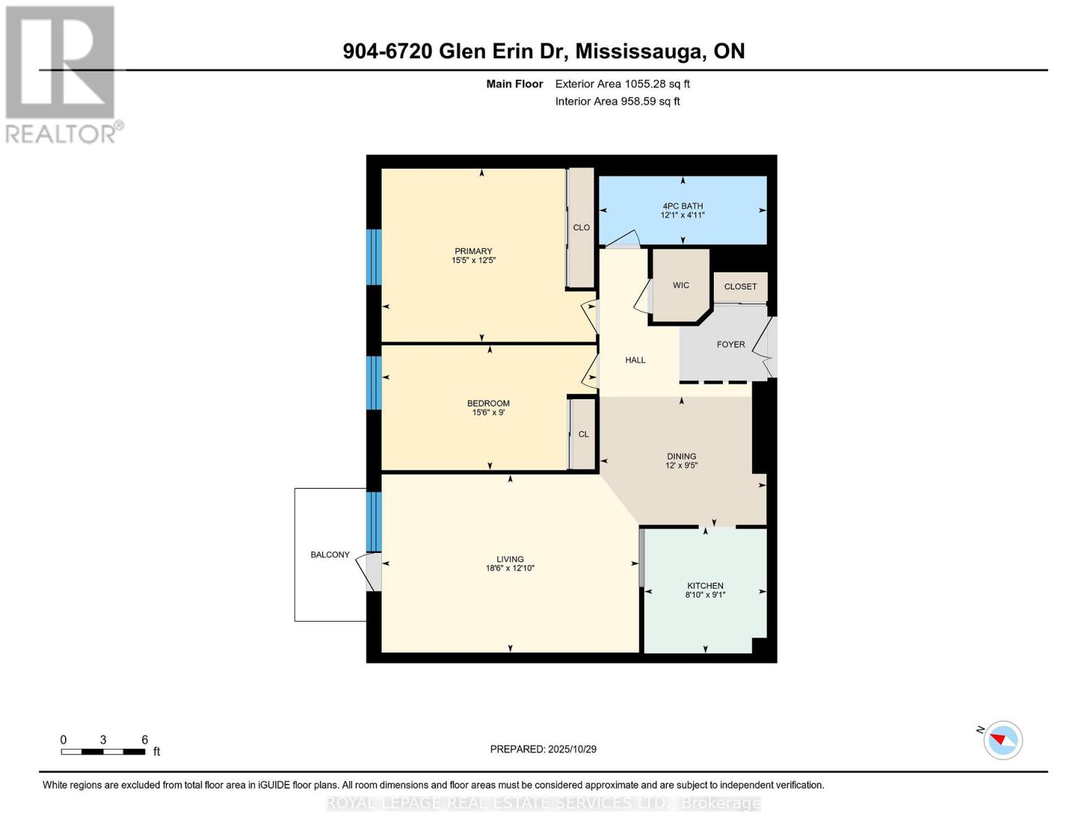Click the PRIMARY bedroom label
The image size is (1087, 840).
(x=473, y=251)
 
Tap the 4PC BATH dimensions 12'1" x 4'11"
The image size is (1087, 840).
(x=682, y=215)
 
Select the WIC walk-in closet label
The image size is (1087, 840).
(x=681, y=286)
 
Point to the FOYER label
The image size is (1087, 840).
(x=731, y=344)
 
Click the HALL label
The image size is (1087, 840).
(x=635, y=360)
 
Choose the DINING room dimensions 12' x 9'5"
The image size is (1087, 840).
(x=681, y=465)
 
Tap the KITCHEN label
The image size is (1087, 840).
(x=705, y=586)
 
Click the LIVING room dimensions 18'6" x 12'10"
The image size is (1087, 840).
(x=510, y=568)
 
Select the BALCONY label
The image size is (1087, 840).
(x=330, y=554)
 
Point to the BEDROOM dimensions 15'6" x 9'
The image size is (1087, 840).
(x=488, y=412)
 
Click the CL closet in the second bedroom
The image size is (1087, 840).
(x=583, y=434)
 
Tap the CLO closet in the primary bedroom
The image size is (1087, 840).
(x=581, y=227)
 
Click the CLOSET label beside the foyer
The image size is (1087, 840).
(x=741, y=286)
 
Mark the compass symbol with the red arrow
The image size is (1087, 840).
(x=1003, y=740)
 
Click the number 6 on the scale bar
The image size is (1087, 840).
(x=145, y=740)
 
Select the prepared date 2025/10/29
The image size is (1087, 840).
(x=572, y=749)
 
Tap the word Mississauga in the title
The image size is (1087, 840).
(x=640, y=51)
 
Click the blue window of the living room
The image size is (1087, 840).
(x=374, y=521)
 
